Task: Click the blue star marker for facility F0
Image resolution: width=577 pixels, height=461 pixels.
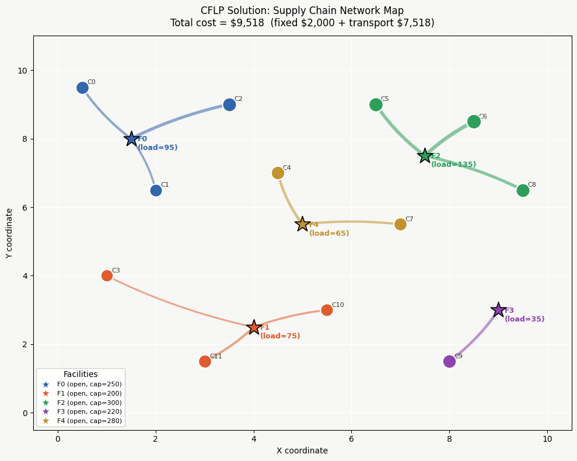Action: pos(131,139)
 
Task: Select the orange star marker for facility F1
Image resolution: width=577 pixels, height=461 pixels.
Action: pos(254,327)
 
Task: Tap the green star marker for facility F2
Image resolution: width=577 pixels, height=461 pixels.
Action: pos(425,156)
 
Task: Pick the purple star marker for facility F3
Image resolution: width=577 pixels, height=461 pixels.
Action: pos(498,310)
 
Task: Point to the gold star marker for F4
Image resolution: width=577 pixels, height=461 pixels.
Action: pos(302,224)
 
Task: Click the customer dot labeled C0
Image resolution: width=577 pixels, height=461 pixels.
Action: pos(82,88)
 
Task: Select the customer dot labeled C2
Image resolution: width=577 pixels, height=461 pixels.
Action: pos(229,104)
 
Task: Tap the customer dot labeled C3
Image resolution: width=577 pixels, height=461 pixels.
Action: pos(107,275)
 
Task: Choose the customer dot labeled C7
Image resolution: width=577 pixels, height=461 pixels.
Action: pos(400,224)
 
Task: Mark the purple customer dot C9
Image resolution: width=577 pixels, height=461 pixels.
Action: pos(449,361)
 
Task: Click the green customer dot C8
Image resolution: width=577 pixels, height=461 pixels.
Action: pos(523,190)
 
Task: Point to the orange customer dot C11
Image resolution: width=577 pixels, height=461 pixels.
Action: pos(205,361)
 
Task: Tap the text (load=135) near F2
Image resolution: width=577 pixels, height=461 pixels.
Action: pos(453,165)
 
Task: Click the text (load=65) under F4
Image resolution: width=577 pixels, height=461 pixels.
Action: pos(329,233)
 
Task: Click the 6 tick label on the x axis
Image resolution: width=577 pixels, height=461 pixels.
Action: pos(351,439)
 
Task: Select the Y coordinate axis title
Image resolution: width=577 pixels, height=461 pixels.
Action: pos(9,233)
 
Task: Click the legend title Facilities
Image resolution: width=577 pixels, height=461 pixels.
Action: pos(81,374)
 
